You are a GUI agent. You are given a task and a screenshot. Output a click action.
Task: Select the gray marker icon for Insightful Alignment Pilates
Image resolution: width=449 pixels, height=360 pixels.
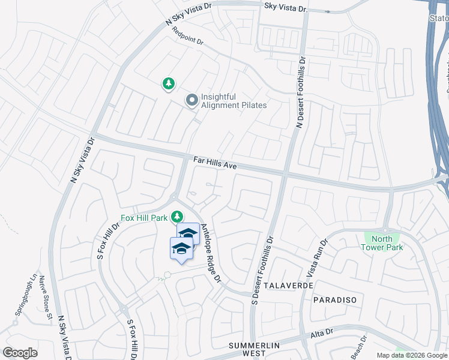click(x=191, y=100)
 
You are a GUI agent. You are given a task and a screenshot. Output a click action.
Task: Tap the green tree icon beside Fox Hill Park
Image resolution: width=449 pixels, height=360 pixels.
click(x=177, y=216)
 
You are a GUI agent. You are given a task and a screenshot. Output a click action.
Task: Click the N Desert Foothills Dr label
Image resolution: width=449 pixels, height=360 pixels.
click(x=301, y=92)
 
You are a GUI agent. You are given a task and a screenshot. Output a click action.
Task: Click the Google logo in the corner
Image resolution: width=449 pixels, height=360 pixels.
click(x=20, y=353)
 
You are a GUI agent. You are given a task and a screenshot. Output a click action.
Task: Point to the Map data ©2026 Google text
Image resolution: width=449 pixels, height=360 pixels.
click(x=412, y=355)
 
